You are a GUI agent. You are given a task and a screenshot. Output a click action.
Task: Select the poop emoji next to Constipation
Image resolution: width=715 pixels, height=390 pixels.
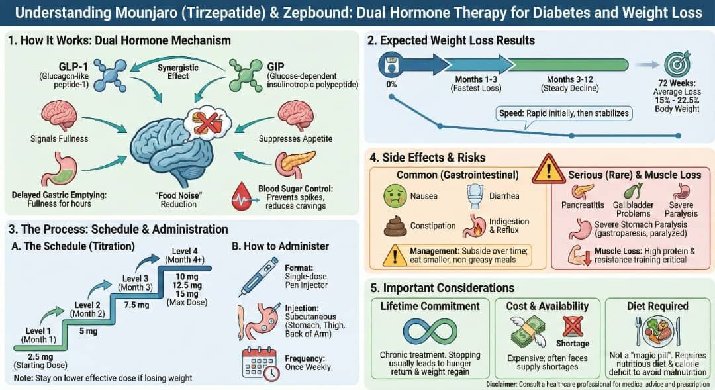396,226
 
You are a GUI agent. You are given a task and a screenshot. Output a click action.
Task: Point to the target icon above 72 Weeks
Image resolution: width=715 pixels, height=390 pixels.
677,64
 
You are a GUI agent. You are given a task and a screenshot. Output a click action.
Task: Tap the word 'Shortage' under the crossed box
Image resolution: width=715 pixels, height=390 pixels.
572,344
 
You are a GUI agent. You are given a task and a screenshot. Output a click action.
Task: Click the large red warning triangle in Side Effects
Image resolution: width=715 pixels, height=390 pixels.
548,170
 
